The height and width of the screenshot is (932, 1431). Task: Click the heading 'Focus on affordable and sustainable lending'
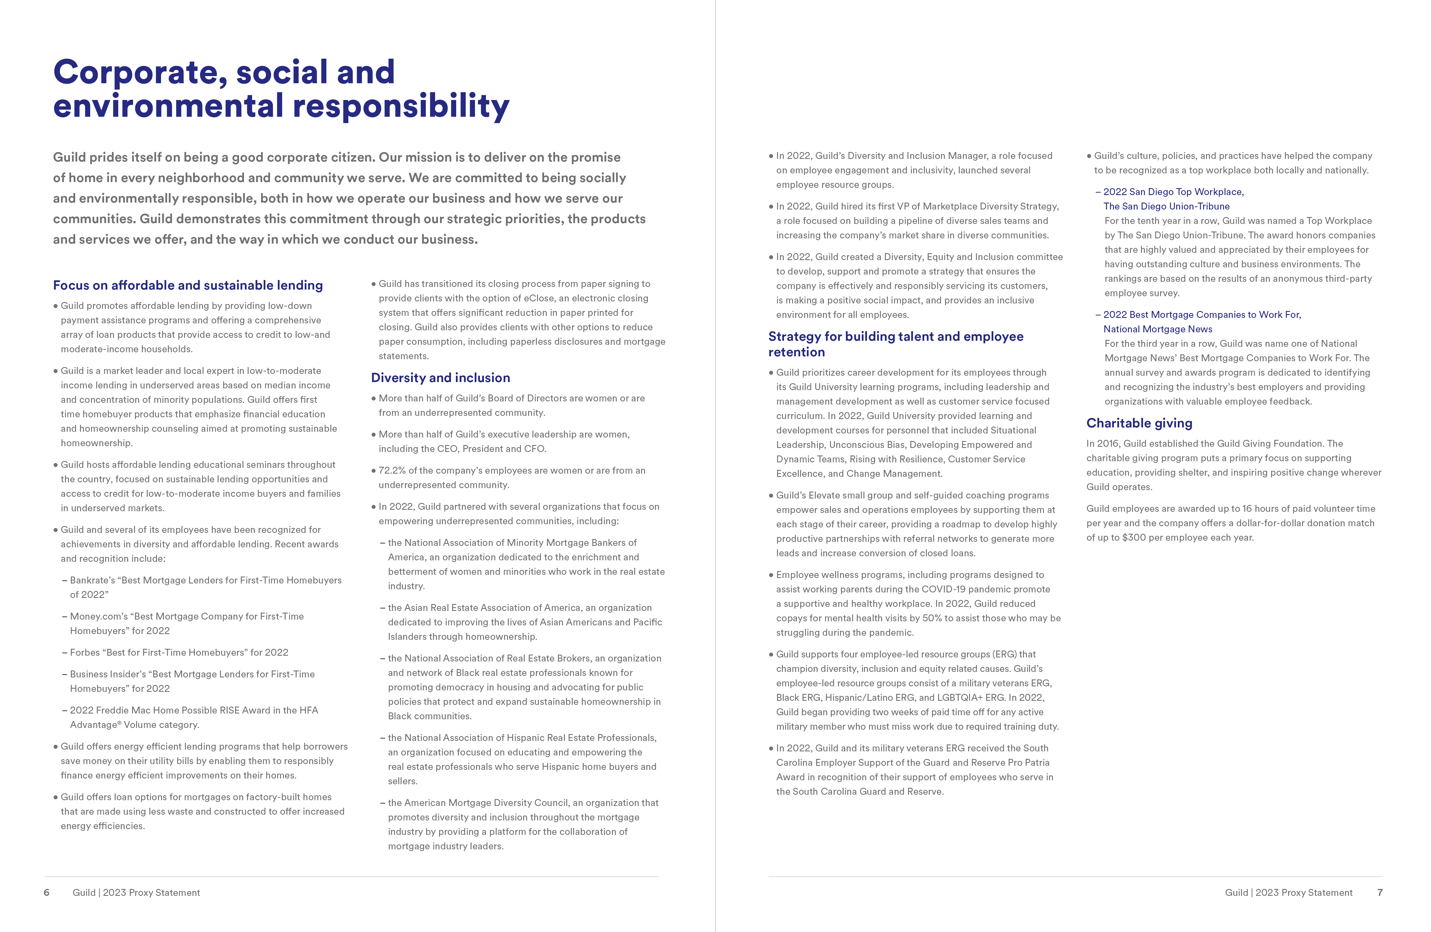(188, 286)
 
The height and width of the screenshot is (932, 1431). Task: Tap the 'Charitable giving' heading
(1139, 423)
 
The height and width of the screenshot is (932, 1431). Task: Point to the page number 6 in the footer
(46, 892)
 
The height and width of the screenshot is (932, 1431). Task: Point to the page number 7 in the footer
(1380, 892)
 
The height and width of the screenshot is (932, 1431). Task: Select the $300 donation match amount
(1133, 537)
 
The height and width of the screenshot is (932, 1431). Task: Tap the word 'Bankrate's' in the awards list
(94, 580)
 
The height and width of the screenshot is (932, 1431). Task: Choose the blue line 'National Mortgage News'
(1158, 329)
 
